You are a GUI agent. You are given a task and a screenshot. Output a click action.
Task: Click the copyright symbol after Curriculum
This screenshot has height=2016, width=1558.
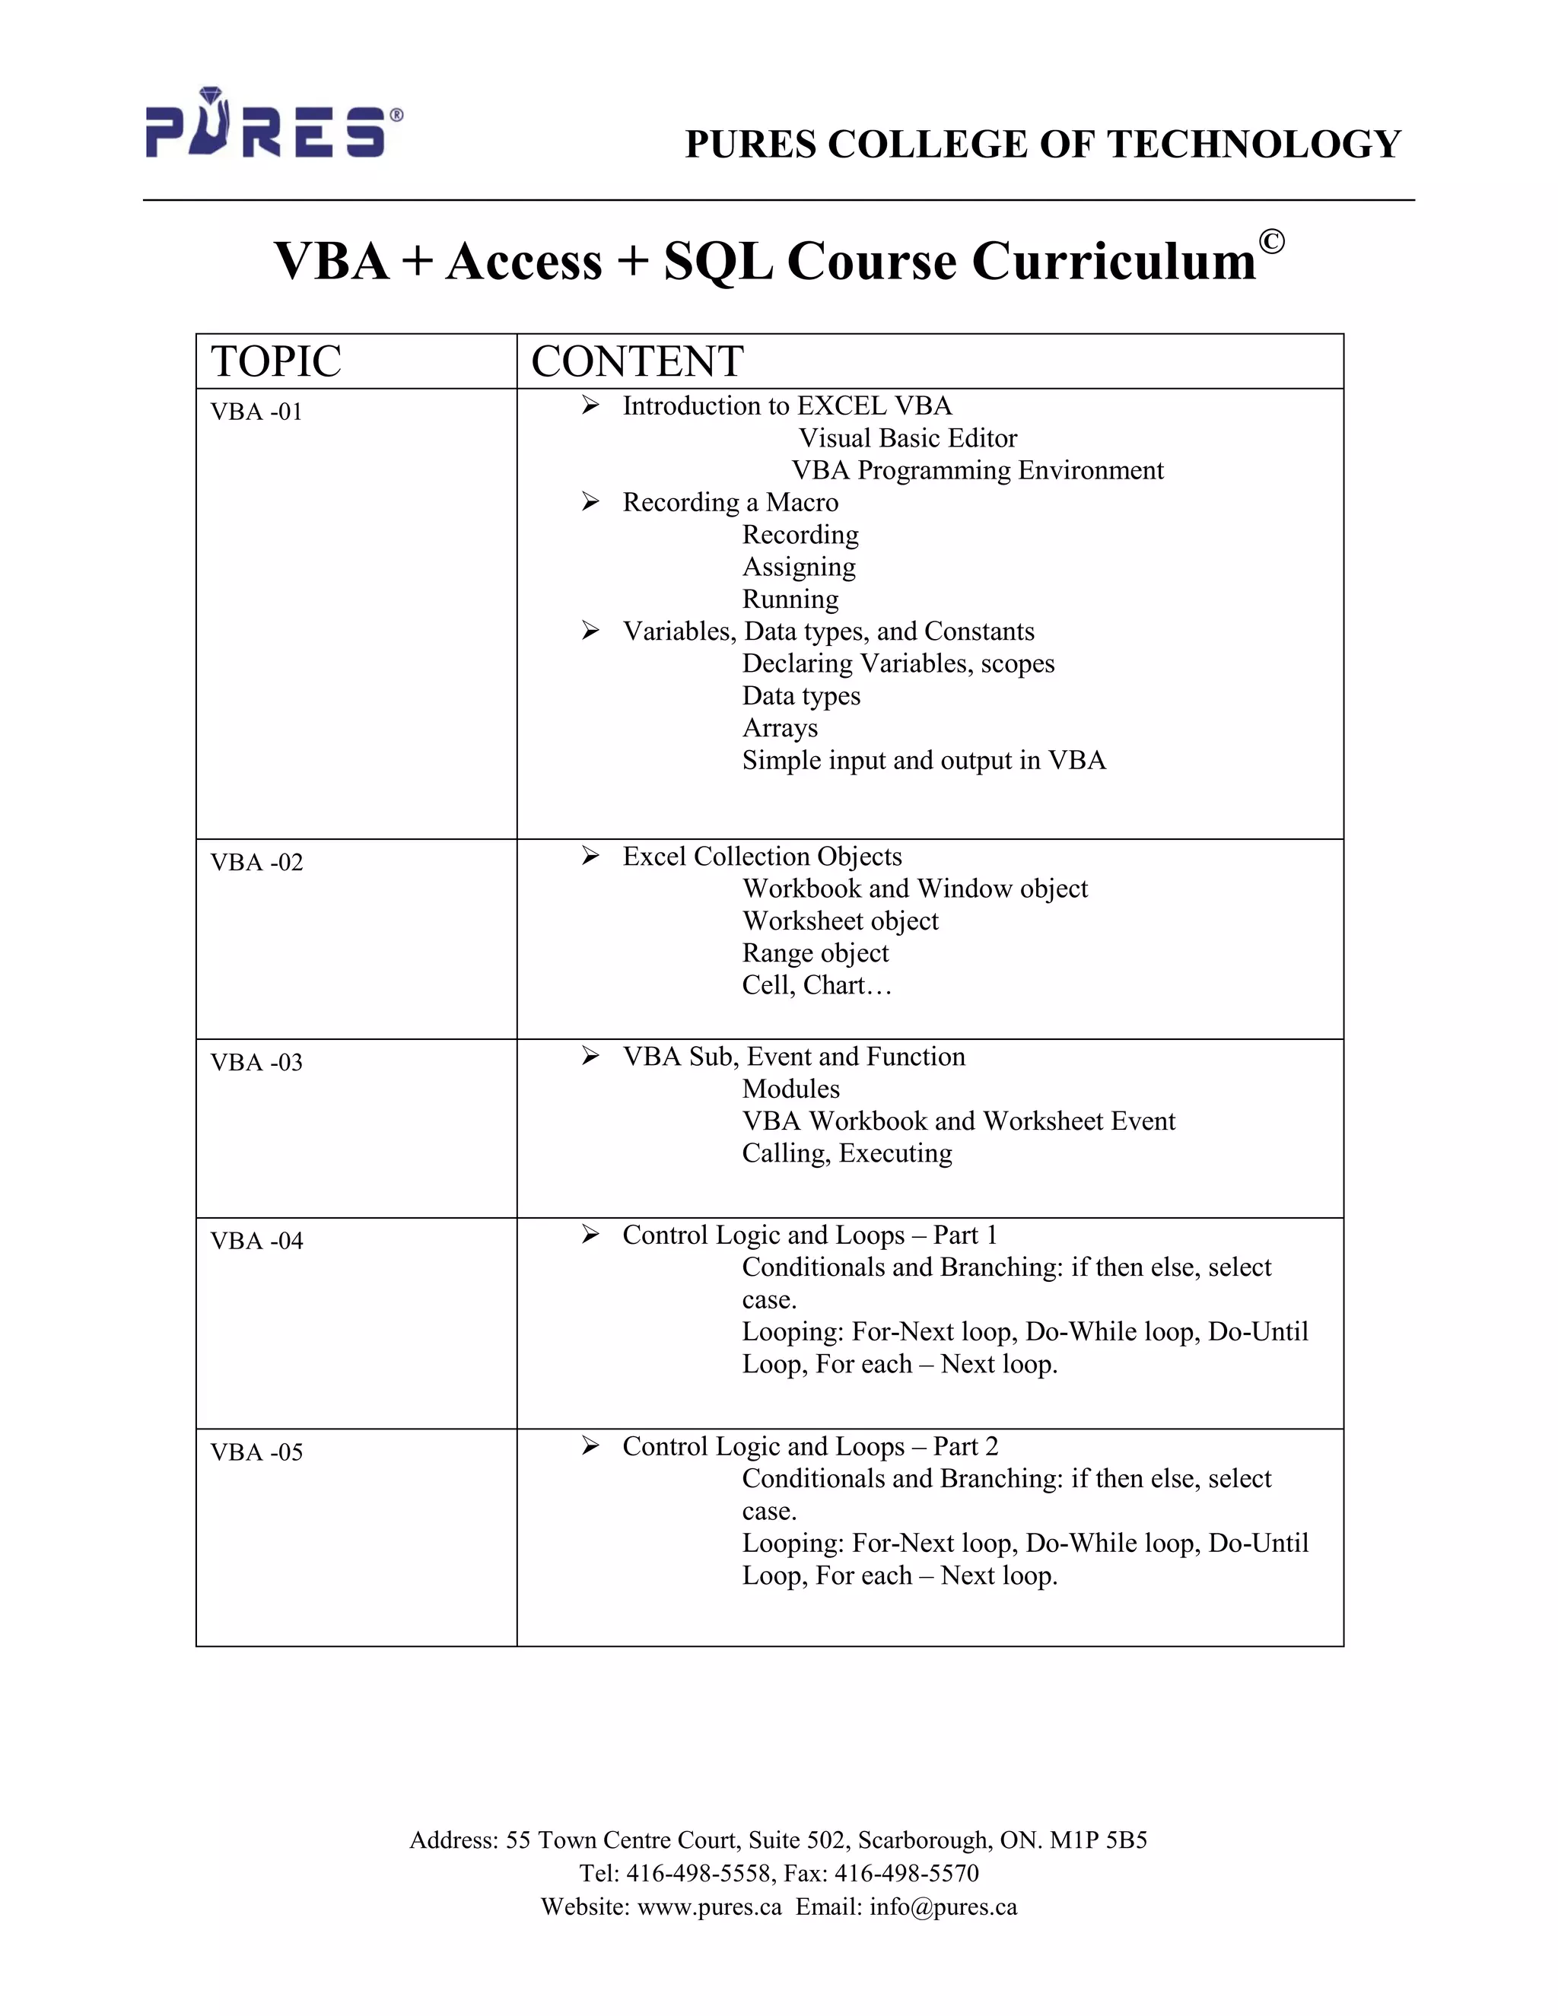[x=1271, y=242]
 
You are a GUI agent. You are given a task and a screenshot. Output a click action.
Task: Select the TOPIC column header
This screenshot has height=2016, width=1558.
[x=276, y=361]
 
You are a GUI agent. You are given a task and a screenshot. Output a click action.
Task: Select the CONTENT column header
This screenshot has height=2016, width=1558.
[x=637, y=361]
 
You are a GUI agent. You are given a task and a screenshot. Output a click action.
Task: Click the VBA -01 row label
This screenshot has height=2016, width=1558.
[x=256, y=412]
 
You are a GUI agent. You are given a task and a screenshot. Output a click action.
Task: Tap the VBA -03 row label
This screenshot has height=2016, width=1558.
[x=256, y=1063]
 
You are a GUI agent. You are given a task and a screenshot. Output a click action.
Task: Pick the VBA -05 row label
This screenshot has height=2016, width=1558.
[x=256, y=1452]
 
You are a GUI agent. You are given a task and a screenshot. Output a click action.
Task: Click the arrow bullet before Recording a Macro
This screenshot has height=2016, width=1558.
[x=590, y=501]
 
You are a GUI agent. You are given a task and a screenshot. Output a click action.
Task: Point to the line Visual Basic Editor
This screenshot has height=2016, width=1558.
[x=908, y=437]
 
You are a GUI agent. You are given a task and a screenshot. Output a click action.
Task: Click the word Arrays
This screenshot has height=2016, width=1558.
[x=780, y=728]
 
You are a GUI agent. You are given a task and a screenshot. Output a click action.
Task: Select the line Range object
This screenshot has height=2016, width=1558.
[x=815, y=952]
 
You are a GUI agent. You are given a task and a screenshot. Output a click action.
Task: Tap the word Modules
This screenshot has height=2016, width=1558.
[x=791, y=1089]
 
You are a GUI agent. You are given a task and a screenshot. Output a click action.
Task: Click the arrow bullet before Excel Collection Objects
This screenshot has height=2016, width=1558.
[x=590, y=856]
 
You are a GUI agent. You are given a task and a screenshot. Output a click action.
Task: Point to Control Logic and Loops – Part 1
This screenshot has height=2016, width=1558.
[x=809, y=1235]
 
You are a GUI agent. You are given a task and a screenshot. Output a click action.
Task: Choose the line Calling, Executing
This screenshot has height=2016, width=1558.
[x=847, y=1153]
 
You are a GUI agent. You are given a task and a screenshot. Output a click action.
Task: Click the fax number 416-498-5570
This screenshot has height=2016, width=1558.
[x=906, y=1873]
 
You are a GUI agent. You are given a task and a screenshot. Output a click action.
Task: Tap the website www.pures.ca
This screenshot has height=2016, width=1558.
[x=709, y=1906]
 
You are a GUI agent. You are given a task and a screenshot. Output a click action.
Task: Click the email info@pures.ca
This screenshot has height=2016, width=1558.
[x=943, y=1906]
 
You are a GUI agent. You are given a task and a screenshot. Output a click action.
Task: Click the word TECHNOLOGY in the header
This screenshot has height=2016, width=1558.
[x=1254, y=144]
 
